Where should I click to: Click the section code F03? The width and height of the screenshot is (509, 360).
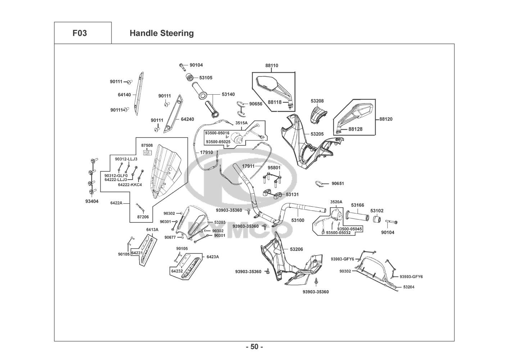[x=79, y=33]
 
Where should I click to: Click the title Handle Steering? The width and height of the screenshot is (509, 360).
[x=162, y=33]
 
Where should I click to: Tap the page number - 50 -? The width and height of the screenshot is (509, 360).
[x=254, y=347]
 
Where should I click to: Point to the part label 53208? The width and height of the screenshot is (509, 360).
[x=317, y=101]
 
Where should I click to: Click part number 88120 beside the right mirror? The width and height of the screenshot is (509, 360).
[x=386, y=119]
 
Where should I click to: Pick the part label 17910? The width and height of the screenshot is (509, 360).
[x=206, y=152]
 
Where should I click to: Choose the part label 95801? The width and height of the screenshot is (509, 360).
[x=274, y=168]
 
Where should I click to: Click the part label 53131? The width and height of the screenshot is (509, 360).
[x=292, y=194]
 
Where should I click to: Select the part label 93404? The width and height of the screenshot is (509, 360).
[x=92, y=201]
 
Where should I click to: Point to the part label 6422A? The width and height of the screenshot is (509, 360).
[x=116, y=203]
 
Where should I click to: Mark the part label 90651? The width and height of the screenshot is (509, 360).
[x=338, y=184]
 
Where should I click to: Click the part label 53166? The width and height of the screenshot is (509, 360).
[x=358, y=205]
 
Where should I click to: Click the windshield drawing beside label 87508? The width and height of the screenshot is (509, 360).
[x=165, y=173]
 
